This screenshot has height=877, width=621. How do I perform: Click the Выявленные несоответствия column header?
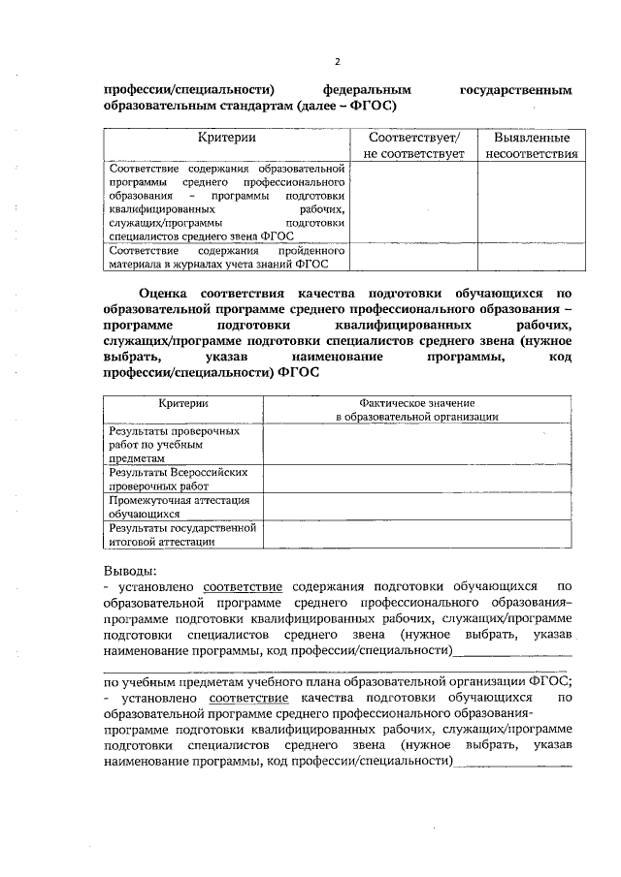(530, 146)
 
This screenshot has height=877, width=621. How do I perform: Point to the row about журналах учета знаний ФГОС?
(225, 256)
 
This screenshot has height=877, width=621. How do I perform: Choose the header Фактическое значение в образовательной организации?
(417, 409)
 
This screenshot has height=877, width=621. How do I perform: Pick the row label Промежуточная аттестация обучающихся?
(181, 507)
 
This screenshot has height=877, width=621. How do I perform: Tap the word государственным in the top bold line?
(516, 89)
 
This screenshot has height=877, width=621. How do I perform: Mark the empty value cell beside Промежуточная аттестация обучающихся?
(417, 507)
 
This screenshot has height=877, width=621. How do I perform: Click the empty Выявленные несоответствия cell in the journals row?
(530, 256)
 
